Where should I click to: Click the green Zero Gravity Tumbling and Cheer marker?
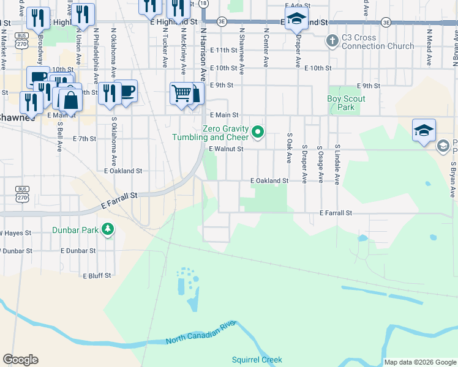(258, 132)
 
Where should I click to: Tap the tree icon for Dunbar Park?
(108, 229)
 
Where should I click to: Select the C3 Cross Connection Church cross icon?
(332, 42)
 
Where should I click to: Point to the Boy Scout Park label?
(346, 103)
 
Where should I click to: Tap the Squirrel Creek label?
(257, 360)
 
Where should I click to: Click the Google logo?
(20, 360)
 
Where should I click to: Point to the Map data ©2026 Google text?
(420, 362)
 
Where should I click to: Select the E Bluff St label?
(97, 276)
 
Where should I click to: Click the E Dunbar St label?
(78, 251)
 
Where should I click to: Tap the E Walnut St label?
(226, 149)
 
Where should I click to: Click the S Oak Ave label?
(288, 148)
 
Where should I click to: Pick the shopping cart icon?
(182, 93)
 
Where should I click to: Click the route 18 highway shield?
(203, 4)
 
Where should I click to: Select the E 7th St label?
(84, 139)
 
